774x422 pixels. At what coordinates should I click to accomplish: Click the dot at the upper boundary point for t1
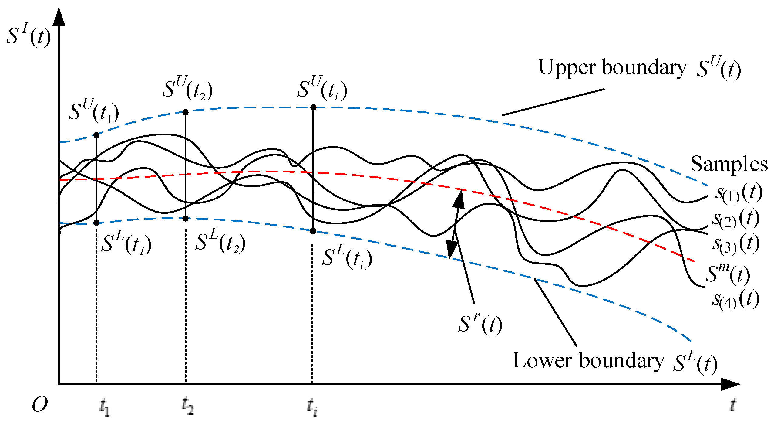96,135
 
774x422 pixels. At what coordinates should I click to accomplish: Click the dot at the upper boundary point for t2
186,112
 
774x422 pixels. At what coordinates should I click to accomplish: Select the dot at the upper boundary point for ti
313,107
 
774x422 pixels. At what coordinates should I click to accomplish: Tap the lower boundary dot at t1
96,223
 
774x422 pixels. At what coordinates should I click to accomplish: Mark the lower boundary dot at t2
186,218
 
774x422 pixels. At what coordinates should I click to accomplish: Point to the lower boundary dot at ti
313,231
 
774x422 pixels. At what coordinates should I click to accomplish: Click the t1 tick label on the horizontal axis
105,407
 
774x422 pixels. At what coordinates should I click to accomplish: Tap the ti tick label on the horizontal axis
312,407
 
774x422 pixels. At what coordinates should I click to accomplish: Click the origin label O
40,404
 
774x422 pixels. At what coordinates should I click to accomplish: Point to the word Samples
729,164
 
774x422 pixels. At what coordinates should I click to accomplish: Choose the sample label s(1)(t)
739,193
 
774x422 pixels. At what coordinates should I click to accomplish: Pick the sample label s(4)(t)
736,300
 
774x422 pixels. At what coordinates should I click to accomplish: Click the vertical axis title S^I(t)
29,36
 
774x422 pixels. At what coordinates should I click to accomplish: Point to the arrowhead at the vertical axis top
59,17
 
